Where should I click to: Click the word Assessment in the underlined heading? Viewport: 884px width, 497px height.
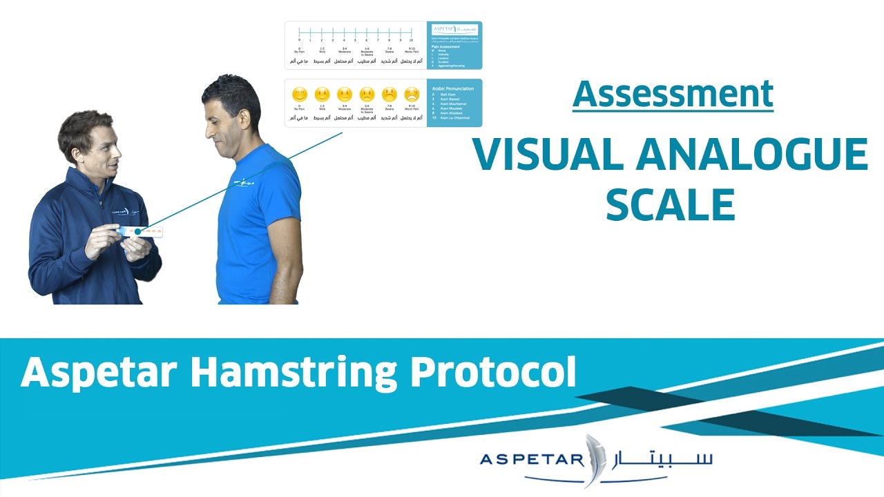673,94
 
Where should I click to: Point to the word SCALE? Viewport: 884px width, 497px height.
670,204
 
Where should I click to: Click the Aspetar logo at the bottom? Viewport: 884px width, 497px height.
596,458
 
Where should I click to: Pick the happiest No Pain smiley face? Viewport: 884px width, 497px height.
299,94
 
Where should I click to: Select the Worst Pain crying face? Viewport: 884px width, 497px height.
412,94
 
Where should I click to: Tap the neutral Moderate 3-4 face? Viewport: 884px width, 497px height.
344,94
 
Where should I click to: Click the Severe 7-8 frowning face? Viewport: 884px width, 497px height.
390,94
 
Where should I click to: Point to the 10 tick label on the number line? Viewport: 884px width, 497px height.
411,40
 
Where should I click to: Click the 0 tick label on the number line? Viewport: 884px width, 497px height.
299,40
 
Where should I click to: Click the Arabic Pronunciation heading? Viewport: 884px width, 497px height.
452,89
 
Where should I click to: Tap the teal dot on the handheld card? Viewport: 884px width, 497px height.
139,232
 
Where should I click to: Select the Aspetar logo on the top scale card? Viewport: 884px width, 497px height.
454,30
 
